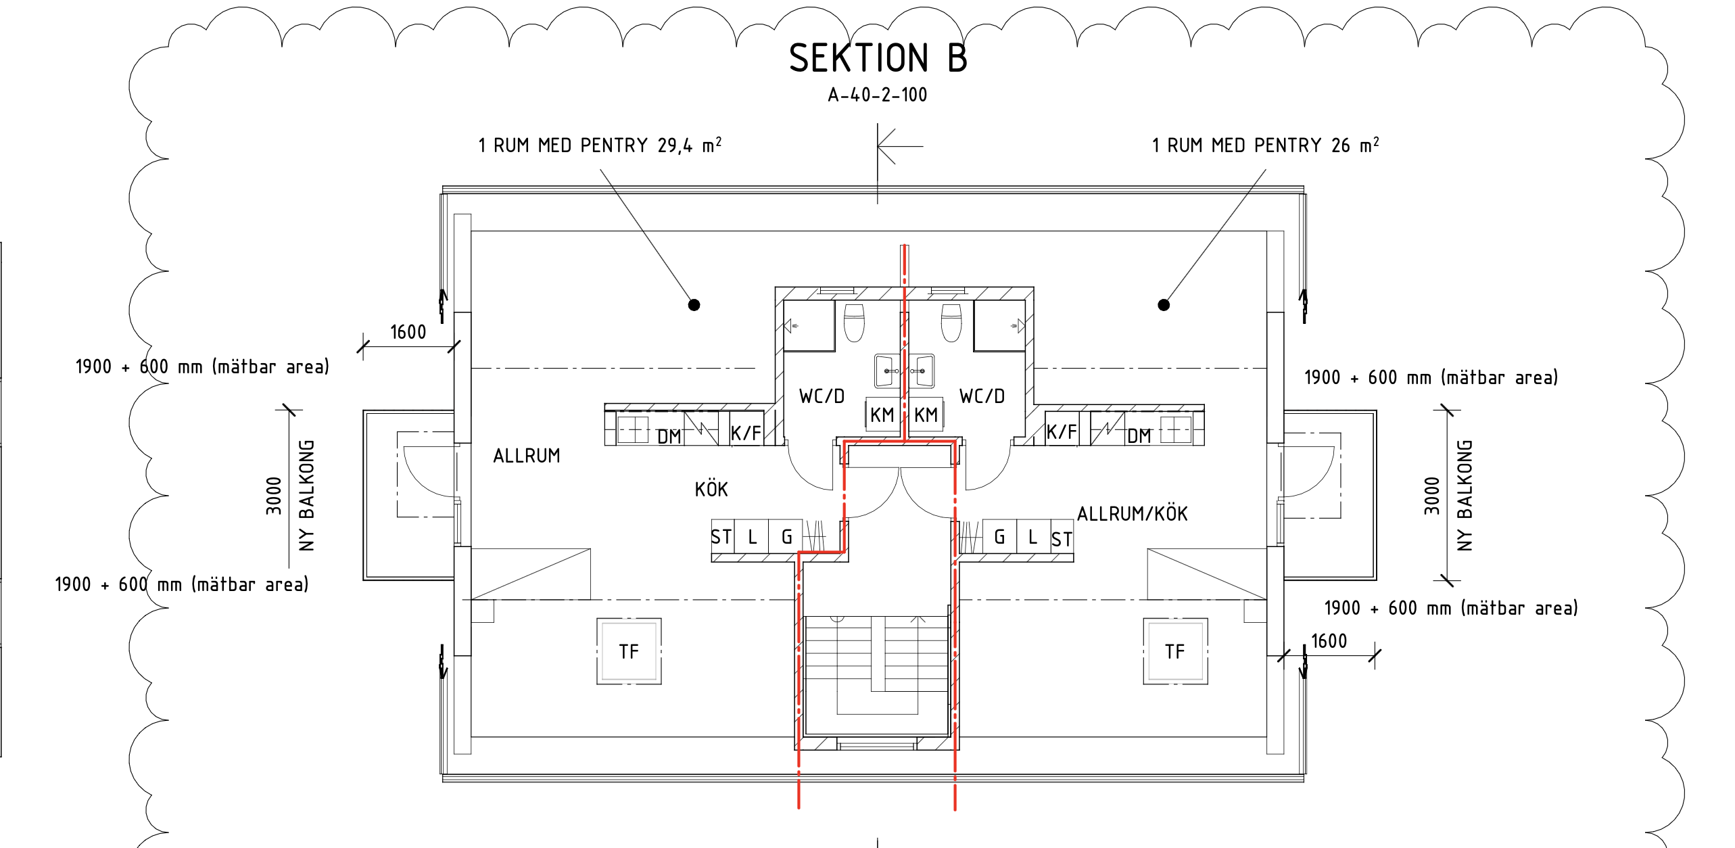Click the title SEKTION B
pos(878,58)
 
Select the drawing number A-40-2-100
pos(878,95)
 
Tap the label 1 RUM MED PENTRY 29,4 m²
pos(600,145)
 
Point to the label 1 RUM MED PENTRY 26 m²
pos(1266,145)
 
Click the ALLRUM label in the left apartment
pos(527,456)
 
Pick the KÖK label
pos(711,488)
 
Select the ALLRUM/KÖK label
pos(1133,514)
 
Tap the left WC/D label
pos(822,396)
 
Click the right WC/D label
pos(982,396)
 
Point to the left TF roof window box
pos(629,651)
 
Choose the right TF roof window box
pos(1175,651)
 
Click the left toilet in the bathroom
pos(855,323)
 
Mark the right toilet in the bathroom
pos(951,323)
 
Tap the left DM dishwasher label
pos(669,437)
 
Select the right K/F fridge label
pos(1062,431)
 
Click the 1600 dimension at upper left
pos(408,332)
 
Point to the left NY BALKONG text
pos(307,496)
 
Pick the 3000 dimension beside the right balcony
pos(1432,496)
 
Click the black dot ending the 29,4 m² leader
pos(694,305)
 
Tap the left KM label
pos(882,415)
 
